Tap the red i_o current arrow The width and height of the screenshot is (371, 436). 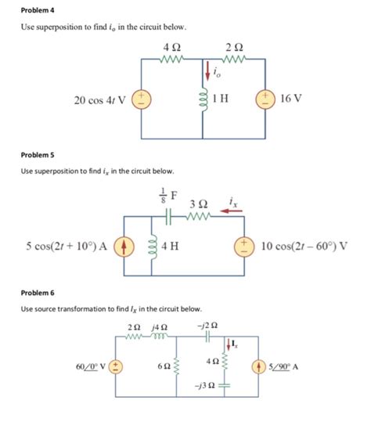tap(207, 72)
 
